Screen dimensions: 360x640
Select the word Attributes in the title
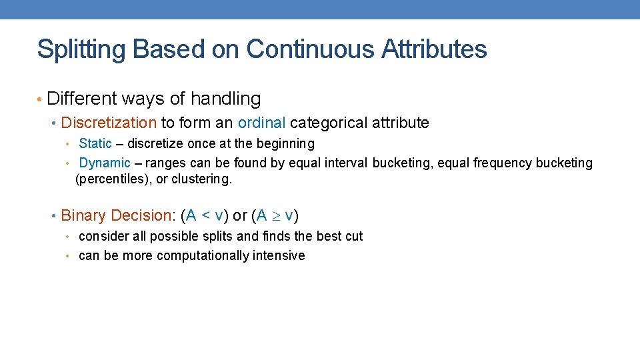coord(435,49)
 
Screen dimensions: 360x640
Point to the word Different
coord(83,99)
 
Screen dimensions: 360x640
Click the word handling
coord(225,99)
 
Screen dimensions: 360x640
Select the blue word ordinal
coord(261,123)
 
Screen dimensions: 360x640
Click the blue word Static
coord(95,143)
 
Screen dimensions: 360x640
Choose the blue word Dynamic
coord(105,163)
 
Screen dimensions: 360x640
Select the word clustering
coord(202,179)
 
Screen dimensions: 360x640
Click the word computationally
coord(201,255)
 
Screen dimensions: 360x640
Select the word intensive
coord(279,255)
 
